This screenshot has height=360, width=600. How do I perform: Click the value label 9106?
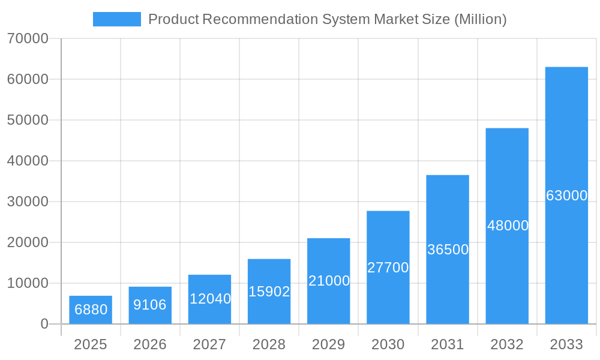[150, 305]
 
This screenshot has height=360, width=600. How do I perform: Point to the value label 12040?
[210, 299]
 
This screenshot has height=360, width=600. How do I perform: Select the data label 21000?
[329, 281]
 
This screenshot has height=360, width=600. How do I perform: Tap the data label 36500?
[448, 250]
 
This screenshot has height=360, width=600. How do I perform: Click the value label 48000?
[508, 226]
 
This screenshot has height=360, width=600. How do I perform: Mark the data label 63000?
[566, 196]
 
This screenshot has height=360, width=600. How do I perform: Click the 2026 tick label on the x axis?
[150, 344]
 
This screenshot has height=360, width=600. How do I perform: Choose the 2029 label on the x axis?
[329, 344]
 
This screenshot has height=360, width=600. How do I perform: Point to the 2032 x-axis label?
[507, 344]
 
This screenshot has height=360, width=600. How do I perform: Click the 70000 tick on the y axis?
[28, 39]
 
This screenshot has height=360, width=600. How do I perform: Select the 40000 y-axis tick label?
[28, 161]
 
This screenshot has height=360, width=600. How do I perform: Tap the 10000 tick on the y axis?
[28, 283]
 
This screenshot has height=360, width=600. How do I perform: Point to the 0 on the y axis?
[44, 324]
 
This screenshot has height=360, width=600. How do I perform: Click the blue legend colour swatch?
[117, 19]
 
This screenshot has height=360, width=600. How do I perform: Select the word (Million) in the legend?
[481, 19]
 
